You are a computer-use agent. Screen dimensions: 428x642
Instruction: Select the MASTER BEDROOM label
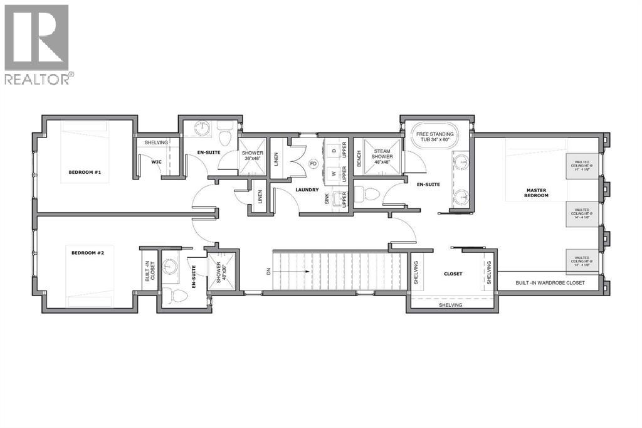[x=537, y=192]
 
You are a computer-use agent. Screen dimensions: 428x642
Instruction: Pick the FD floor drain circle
[x=313, y=164]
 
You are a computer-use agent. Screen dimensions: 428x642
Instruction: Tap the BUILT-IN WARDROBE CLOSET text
[x=550, y=283]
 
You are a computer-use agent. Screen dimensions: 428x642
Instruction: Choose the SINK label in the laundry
[x=327, y=199]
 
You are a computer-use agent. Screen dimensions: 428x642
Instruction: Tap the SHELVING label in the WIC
[x=156, y=142]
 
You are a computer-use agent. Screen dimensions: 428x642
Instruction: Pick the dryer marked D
[x=334, y=151]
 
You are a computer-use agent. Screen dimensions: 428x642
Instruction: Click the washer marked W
[x=334, y=173]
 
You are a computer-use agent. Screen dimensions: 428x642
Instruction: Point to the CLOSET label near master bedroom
[x=453, y=274]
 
